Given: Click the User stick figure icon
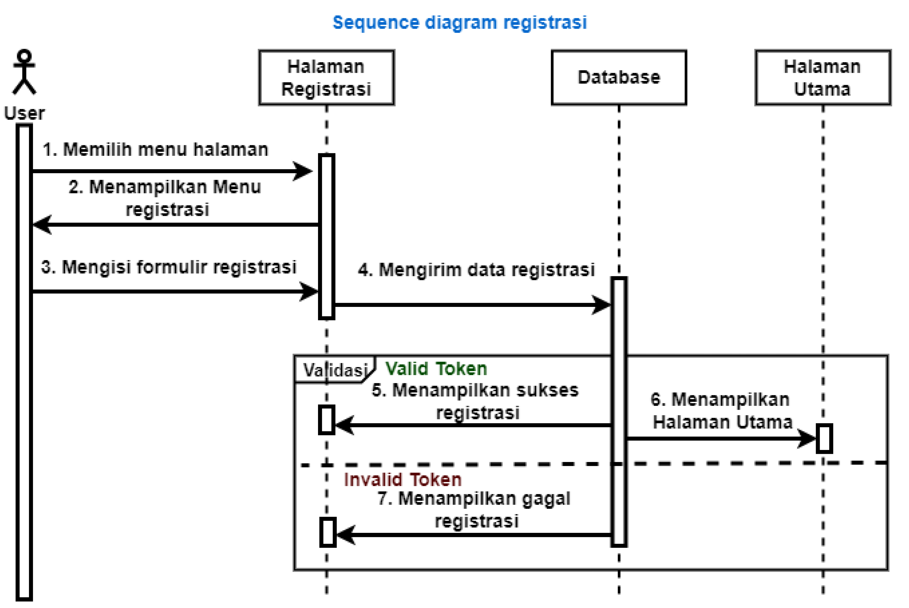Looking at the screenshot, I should point(24,72).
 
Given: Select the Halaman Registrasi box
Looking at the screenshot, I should point(326,78).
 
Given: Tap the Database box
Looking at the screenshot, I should point(619,78).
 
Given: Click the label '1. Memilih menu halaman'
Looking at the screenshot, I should point(155,150).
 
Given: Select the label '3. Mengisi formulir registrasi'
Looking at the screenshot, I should point(169,267).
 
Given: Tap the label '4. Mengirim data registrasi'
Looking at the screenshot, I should point(476,270).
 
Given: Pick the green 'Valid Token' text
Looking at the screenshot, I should point(436,368).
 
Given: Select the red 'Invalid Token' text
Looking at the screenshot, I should point(402,480).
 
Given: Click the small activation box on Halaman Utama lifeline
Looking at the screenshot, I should point(824,439).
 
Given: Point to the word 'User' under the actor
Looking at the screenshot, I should point(24,113).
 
